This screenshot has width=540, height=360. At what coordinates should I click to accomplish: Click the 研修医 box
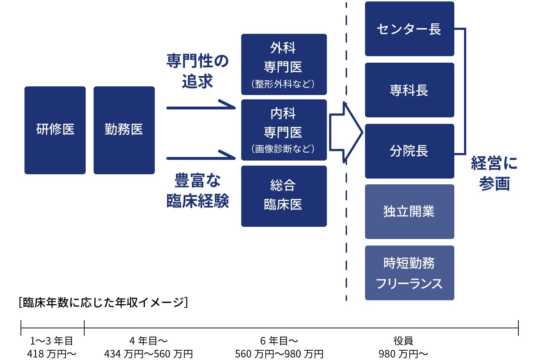tap(55, 130)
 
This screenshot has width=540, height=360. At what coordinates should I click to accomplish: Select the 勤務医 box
tap(124, 130)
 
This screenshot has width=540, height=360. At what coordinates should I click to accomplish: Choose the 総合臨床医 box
tap(284, 196)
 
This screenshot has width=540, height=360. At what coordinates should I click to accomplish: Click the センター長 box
tap(409, 29)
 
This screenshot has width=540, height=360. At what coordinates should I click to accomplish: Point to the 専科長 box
tap(409, 90)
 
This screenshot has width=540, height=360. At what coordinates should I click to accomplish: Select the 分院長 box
tap(409, 151)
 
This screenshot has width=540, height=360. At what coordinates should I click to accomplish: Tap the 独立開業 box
tap(409, 211)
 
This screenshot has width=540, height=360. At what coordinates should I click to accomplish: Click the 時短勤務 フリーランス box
tap(409, 273)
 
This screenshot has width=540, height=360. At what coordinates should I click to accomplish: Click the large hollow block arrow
tap(345, 132)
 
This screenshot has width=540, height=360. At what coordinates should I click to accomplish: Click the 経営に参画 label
tap(494, 173)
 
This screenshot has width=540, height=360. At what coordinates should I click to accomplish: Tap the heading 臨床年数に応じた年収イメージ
tap(103, 302)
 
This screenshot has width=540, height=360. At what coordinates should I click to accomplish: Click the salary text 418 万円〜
tap(52, 354)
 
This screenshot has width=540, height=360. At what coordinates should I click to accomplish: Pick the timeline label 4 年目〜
tap(148, 341)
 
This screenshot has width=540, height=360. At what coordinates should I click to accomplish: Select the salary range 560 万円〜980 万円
tap(279, 354)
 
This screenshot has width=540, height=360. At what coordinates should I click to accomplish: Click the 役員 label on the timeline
tap(403, 341)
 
